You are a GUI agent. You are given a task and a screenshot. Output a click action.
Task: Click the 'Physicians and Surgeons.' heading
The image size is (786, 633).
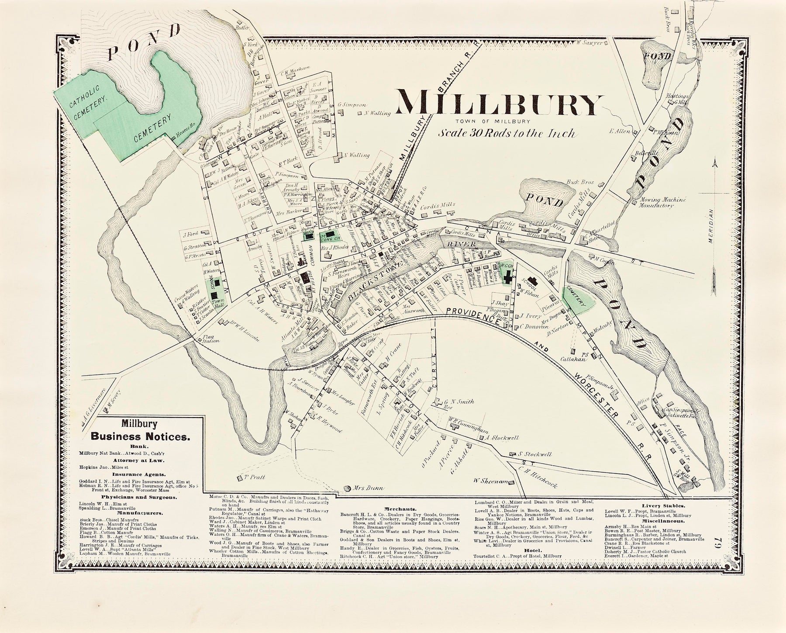(139, 498)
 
